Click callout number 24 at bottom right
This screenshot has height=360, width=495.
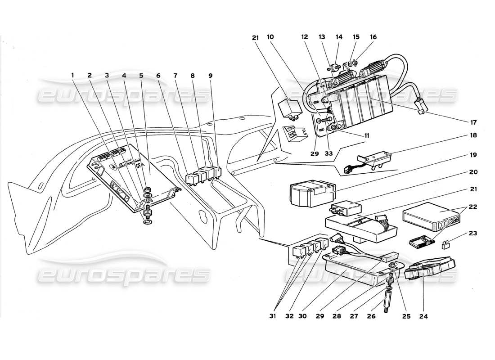[423, 316]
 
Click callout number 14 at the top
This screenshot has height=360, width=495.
[338, 37]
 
